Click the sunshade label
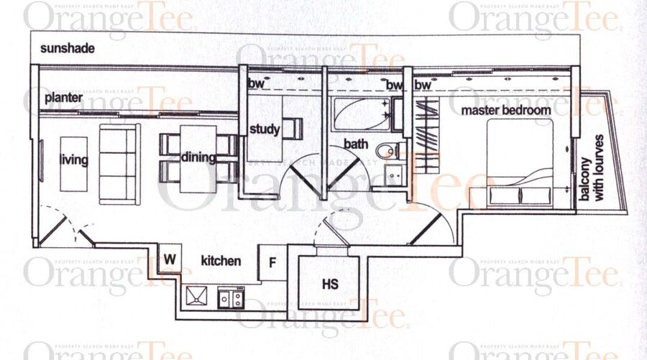tap(68, 48)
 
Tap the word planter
tap(63, 98)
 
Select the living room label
tap(73, 160)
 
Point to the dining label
tap(198, 157)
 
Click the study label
tap(265, 129)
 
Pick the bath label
tap(356, 144)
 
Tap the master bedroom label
tap(506, 111)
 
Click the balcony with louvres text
tap(592, 168)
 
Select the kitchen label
tap(221, 261)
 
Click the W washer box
tap(170, 259)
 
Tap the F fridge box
tap(272, 263)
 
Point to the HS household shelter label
tap(330, 284)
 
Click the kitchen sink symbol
tap(196, 296)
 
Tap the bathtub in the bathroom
tap(362, 114)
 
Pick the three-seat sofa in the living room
tap(119, 165)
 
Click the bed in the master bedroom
tap(520, 163)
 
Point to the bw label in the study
tap(256, 83)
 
